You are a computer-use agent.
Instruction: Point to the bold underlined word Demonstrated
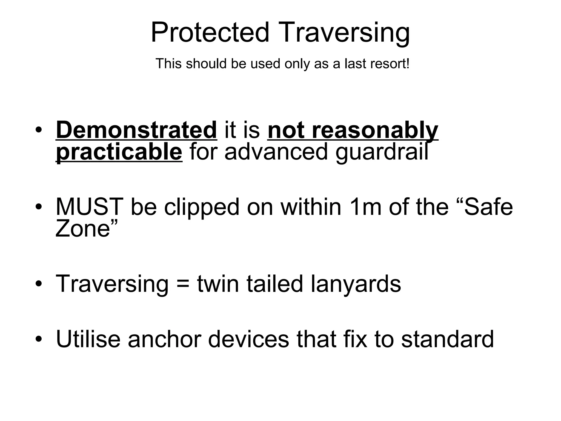[136, 130]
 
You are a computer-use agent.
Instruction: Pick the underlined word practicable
[119, 152]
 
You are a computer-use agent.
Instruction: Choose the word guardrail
[382, 152]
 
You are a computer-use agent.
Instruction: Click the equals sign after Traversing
[183, 284]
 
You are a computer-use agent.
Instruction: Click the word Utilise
[88, 339]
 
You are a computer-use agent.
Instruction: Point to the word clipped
[202, 207]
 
